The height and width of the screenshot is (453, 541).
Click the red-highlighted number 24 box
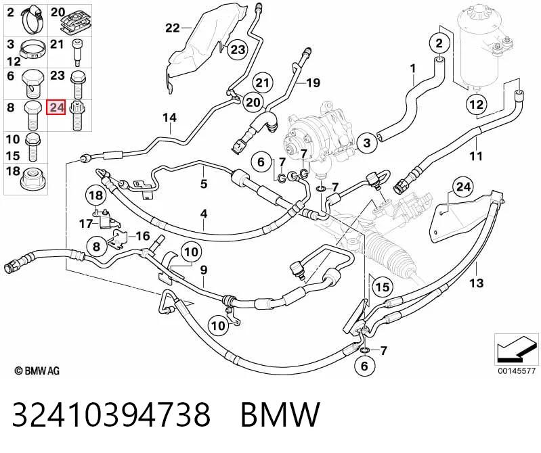click(x=56, y=108)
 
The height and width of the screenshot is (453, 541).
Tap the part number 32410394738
click(x=111, y=414)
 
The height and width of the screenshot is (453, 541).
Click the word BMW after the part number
click(x=280, y=414)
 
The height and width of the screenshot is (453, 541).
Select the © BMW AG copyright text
click(x=37, y=371)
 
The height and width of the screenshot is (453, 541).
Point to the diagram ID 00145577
click(x=517, y=371)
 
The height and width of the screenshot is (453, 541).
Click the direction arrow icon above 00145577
click(x=516, y=350)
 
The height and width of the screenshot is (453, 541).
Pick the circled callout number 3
click(x=367, y=142)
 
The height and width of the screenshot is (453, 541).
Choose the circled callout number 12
click(x=477, y=103)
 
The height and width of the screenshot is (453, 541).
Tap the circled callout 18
click(x=96, y=195)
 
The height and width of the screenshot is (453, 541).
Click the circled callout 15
click(x=382, y=287)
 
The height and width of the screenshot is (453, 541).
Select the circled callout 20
click(x=253, y=102)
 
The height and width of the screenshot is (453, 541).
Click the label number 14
click(x=169, y=118)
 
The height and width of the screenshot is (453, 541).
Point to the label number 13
click(x=476, y=283)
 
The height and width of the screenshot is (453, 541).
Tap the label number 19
click(x=313, y=82)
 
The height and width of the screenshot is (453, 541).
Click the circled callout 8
click(x=96, y=246)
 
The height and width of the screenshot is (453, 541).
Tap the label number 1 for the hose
click(x=413, y=69)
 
